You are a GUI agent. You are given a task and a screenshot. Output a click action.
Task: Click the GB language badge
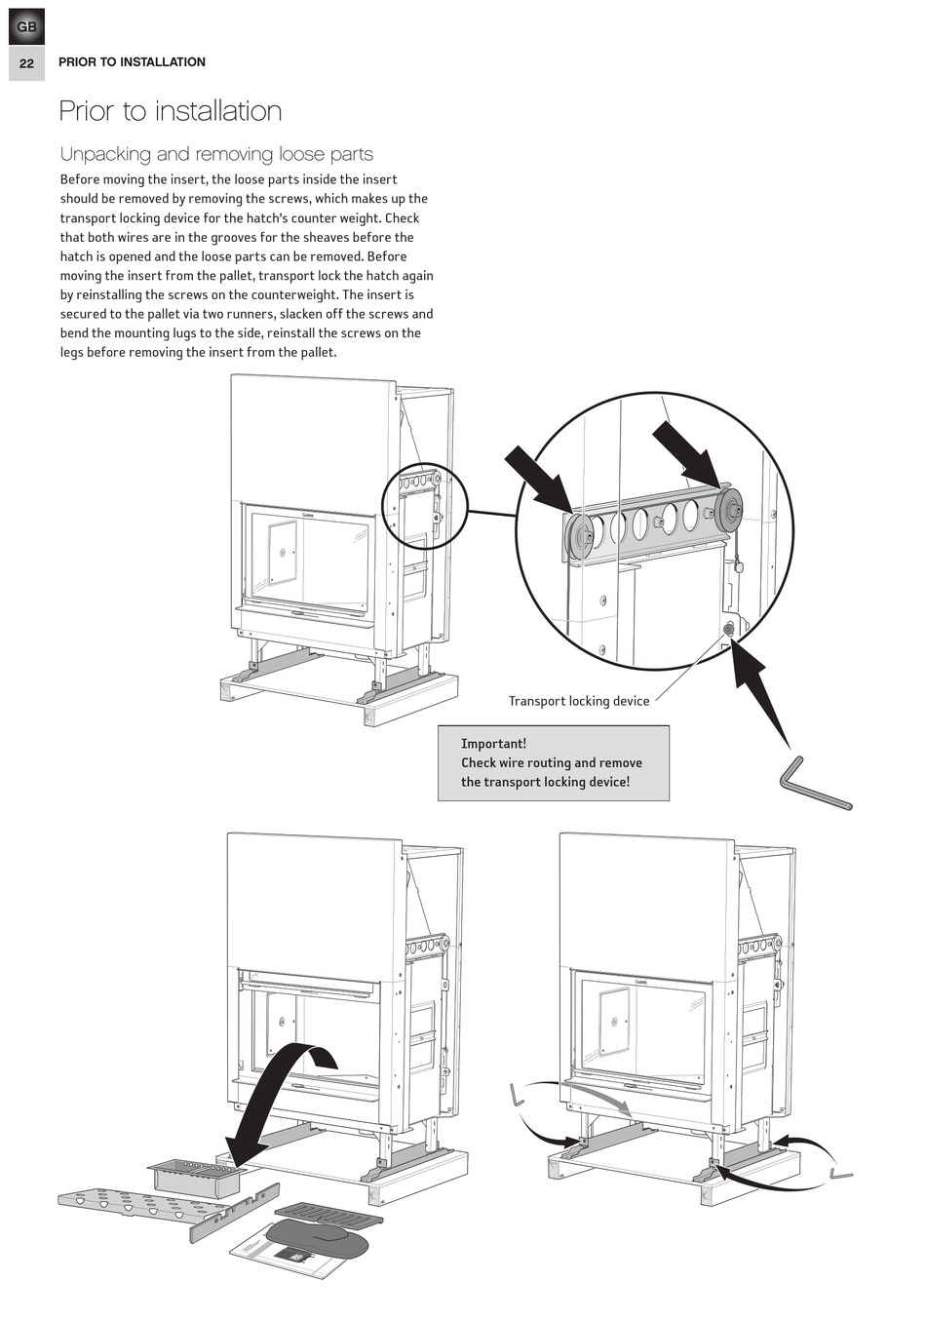tap(26, 27)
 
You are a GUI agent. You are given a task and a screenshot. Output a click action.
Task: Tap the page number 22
tap(26, 63)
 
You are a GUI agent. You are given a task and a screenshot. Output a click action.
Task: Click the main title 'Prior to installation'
tap(171, 111)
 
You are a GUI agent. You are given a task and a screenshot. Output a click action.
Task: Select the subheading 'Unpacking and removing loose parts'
tap(216, 154)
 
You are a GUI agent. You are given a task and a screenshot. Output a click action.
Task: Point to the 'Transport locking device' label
tap(578, 701)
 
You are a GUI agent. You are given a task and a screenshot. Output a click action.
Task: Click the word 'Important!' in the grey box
tap(493, 744)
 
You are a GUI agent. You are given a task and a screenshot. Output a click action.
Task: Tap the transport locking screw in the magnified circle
tap(729, 629)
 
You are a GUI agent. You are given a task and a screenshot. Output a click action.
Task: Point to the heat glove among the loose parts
tap(316, 1238)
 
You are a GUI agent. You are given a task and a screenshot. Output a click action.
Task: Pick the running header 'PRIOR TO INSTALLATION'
tap(132, 62)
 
